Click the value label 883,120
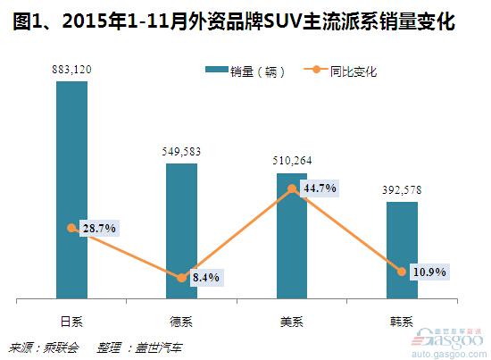pyautogui.click(x=71, y=69)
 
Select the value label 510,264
pyautogui.click(x=291, y=161)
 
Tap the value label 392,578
pyautogui.click(x=402, y=189)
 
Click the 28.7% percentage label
pyautogui.click(x=97, y=230)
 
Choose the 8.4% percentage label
pyautogui.click(x=205, y=278)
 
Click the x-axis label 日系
pyautogui.click(x=71, y=319)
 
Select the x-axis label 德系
pyautogui.click(x=181, y=319)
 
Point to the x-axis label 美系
pyautogui.click(x=291, y=319)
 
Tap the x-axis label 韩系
pyautogui.click(x=402, y=319)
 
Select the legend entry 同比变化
pyautogui.click(x=354, y=71)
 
